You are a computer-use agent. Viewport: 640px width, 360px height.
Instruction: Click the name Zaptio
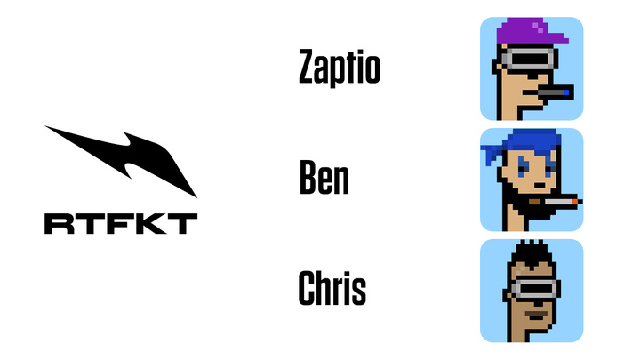[x=340, y=68]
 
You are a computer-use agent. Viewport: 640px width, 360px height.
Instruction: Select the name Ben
[x=324, y=177]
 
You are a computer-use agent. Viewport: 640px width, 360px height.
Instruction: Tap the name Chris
[x=332, y=288]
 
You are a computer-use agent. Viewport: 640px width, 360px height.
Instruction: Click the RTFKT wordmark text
[x=121, y=224]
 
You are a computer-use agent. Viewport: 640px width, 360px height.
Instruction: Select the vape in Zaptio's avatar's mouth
[x=555, y=92]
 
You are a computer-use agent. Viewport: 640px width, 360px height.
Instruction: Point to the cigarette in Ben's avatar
[x=556, y=202]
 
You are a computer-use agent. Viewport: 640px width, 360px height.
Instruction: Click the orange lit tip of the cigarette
[x=575, y=202]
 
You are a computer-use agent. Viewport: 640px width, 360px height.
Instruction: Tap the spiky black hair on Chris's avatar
[x=532, y=254]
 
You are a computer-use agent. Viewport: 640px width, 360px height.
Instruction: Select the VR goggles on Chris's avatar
[x=535, y=288]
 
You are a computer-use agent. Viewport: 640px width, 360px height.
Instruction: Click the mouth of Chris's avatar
[x=536, y=316]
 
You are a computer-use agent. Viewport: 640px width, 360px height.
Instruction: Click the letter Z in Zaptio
[x=308, y=66]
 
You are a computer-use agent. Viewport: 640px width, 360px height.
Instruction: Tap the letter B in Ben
[x=308, y=177]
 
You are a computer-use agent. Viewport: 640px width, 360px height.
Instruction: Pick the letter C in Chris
[x=308, y=288]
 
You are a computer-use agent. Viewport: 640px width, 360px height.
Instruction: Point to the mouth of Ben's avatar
[x=540, y=186]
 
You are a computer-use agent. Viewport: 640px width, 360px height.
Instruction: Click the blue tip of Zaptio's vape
[x=566, y=92]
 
